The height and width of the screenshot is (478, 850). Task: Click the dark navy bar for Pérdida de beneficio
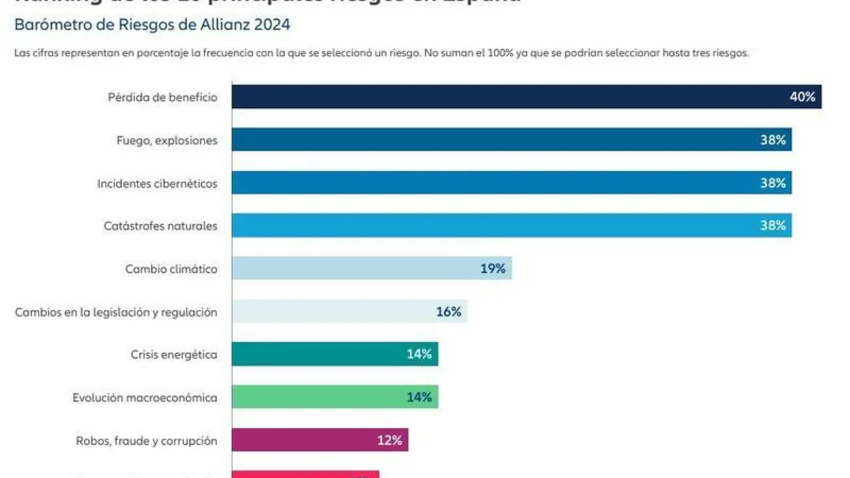505,97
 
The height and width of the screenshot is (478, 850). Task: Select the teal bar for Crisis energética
319,355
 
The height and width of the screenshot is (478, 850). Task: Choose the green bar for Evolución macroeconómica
319,398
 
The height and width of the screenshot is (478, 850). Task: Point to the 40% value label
802,97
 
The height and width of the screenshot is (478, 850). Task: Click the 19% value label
493,269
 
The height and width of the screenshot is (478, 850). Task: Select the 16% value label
448,311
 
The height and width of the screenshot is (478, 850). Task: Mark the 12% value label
390,440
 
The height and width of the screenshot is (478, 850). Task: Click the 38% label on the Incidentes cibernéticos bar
773,183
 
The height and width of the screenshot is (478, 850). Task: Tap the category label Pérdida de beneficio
163,98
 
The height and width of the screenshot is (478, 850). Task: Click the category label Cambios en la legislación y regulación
116,312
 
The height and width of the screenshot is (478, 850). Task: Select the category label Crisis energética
174,355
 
